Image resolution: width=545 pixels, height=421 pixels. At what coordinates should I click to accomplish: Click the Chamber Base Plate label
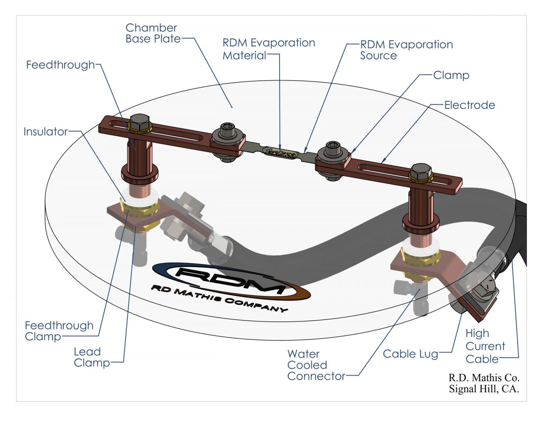click(x=153, y=33)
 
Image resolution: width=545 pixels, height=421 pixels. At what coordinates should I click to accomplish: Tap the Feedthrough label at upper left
click(x=60, y=65)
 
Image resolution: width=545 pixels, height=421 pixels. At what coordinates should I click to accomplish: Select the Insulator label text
click(x=45, y=132)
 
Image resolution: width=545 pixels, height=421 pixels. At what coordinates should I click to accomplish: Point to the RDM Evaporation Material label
click(x=268, y=49)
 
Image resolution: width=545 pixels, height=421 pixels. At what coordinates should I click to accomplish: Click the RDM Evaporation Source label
click(x=406, y=50)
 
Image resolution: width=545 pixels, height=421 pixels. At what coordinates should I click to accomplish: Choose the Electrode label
click(x=469, y=105)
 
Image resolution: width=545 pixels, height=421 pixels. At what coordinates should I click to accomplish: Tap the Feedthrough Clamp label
click(x=59, y=331)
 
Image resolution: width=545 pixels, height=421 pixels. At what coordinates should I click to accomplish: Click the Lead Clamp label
click(x=91, y=357)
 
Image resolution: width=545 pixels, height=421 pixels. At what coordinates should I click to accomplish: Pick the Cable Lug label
click(x=410, y=354)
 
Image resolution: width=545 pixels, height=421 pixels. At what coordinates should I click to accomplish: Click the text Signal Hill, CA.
click(x=484, y=389)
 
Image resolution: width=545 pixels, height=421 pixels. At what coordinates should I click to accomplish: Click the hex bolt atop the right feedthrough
click(x=421, y=172)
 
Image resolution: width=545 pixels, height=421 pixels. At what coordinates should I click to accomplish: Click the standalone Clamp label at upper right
click(x=451, y=75)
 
